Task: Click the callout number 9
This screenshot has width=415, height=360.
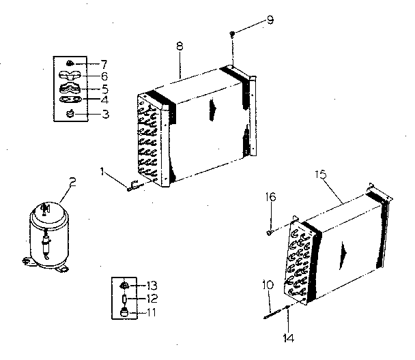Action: pos(271,18)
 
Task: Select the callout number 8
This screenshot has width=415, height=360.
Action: pos(180,46)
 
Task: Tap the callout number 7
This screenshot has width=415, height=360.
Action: pos(104,63)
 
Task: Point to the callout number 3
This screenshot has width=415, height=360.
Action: pos(104,114)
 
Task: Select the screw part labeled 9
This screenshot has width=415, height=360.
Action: pos(233,34)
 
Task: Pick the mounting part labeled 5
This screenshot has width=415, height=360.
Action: pos(70,88)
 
